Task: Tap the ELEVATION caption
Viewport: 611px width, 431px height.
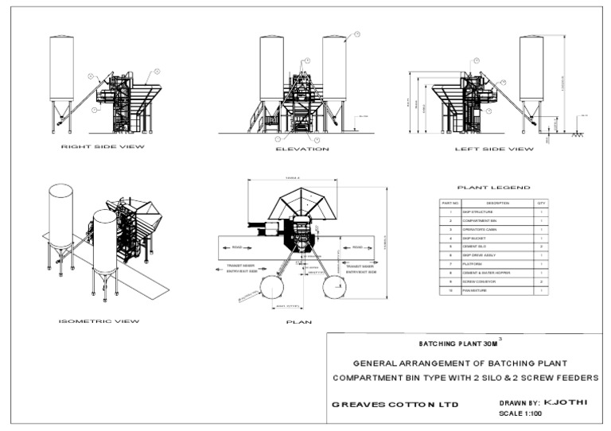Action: (302, 149)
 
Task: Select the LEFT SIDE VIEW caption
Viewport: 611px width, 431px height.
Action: (494, 149)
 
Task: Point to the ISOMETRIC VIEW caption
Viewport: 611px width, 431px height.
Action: (99, 321)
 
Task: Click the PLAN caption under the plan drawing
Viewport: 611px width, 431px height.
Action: (299, 322)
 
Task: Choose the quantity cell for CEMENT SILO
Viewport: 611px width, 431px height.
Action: (541, 247)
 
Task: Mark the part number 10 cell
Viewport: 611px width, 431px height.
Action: (450, 291)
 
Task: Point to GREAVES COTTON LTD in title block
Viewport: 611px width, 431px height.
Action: (395, 404)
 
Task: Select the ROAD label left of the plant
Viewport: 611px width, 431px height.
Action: (236, 247)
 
